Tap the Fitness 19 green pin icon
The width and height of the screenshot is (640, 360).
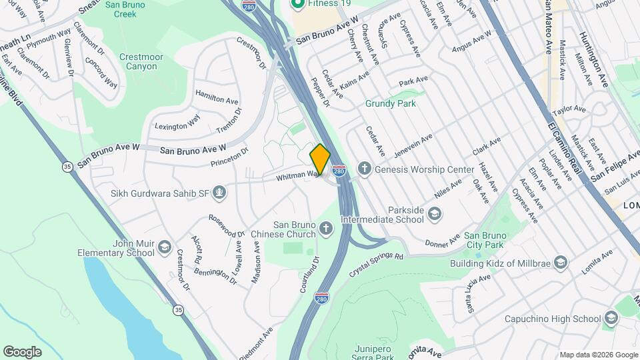pyautogui.click(x=297, y=3)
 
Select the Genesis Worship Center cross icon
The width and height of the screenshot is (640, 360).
pyautogui.click(x=364, y=169)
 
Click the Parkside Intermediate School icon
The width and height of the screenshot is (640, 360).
pyautogui.click(x=435, y=213)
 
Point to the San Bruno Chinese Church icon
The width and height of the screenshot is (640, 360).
pyautogui.click(x=326, y=229)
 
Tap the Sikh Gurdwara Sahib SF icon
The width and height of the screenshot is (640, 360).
pyautogui.click(x=220, y=193)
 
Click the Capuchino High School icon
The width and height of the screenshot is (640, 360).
pyautogui.click(x=611, y=319)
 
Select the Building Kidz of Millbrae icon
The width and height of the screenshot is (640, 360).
pyautogui.click(x=561, y=262)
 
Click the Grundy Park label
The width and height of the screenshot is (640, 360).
pyautogui.click(x=391, y=103)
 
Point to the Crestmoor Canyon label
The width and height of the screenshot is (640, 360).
pyautogui.click(x=141, y=62)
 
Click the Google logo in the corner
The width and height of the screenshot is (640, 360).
pyautogui.click(x=22, y=351)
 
